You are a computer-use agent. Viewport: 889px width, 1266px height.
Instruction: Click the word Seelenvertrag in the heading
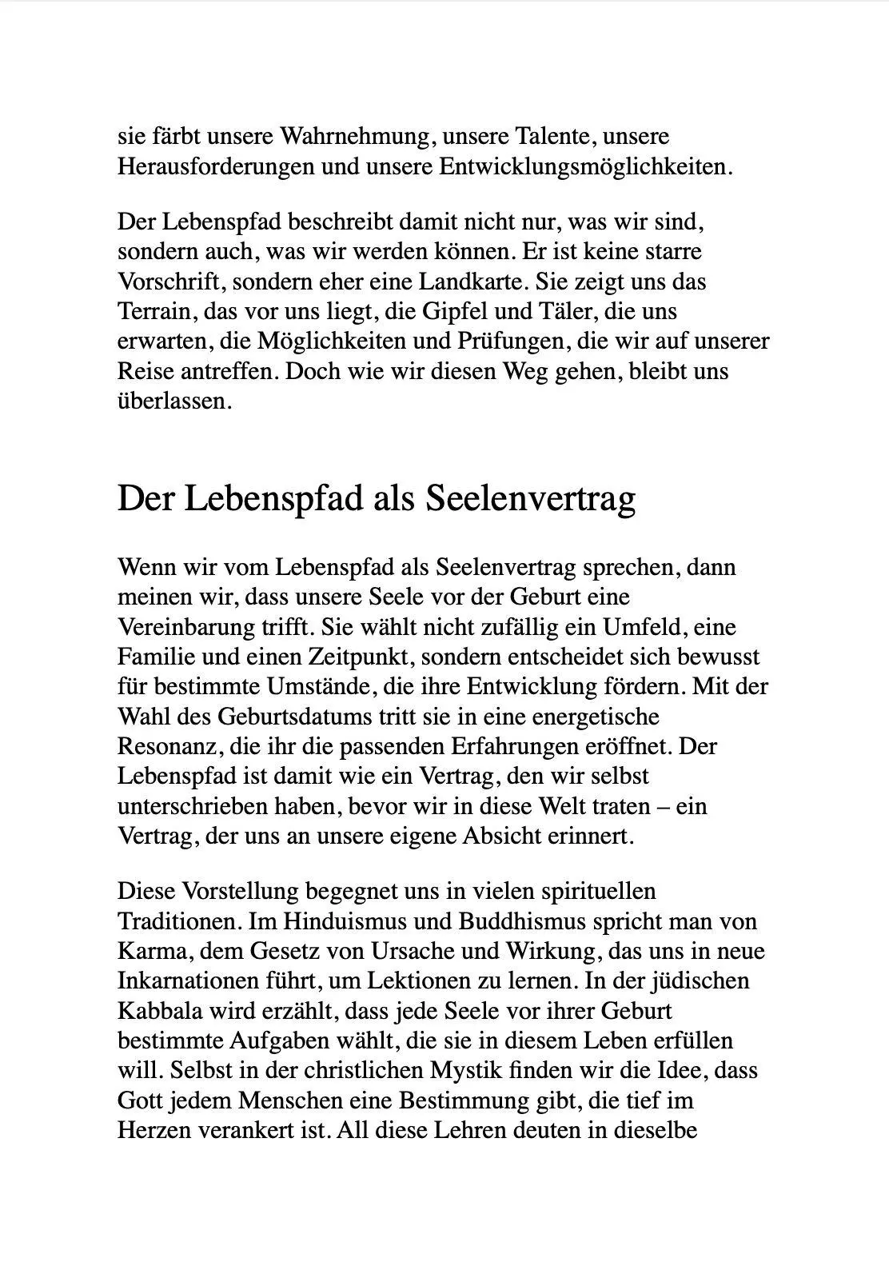click(x=529, y=499)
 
